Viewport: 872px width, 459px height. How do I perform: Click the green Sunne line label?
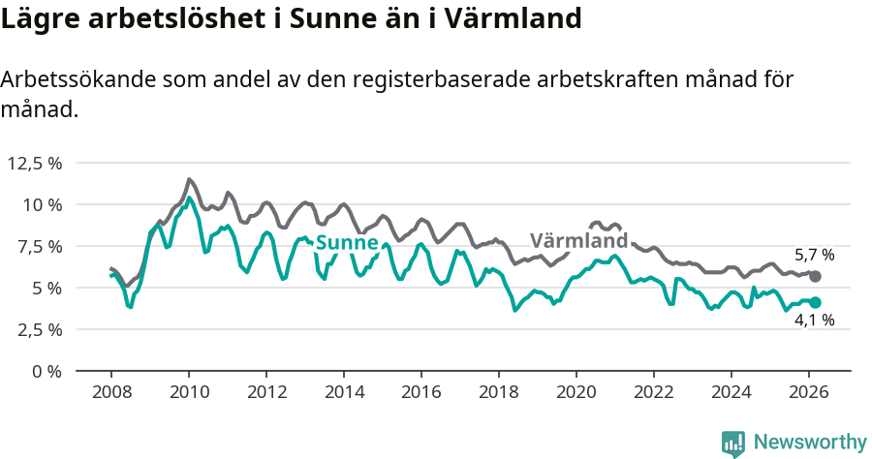click(x=346, y=242)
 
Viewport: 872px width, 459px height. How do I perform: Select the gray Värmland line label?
click(x=578, y=240)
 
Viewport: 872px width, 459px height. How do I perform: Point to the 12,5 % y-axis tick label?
click(x=35, y=163)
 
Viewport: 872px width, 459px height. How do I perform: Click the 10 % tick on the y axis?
click(x=43, y=204)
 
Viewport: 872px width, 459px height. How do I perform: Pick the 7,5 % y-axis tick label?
click(x=40, y=246)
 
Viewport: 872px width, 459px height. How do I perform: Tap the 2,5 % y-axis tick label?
click(x=40, y=329)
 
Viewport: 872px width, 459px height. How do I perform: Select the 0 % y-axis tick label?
click(x=47, y=371)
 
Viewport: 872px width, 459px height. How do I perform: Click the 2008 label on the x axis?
click(x=111, y=392)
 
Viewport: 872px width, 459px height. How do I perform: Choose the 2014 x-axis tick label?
click(x=344, y=392)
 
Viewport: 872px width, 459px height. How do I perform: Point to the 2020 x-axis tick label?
click(x=576, y=392)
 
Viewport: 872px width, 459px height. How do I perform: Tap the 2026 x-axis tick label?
click(x=809, y=392)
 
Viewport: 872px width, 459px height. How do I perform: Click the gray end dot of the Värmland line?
click(x=816, y=277)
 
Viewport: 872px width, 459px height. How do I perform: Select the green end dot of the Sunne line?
click(x=816, y=302)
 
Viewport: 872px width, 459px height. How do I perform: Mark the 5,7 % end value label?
click(x=814, y=256)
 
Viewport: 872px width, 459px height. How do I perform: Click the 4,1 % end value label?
click(x=814, y=321)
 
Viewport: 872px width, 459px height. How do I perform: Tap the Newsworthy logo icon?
click(x=733, y=443)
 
